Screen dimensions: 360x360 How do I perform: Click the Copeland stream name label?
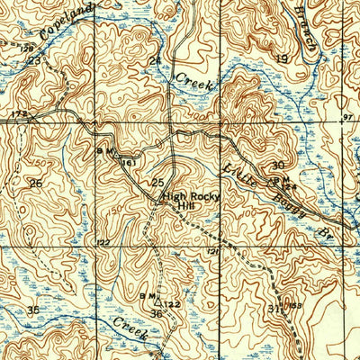67,25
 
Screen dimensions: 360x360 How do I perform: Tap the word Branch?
307,28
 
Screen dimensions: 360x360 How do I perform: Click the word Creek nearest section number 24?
193,80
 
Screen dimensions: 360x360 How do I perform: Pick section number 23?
34,60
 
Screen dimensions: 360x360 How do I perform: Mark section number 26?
36,183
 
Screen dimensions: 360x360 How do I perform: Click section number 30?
278,165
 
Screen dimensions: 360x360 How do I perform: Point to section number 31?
274,309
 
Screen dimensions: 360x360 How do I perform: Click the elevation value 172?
20,113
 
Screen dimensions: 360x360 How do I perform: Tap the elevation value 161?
129,162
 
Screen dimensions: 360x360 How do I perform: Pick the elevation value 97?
348,117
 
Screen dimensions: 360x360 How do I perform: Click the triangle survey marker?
157,302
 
